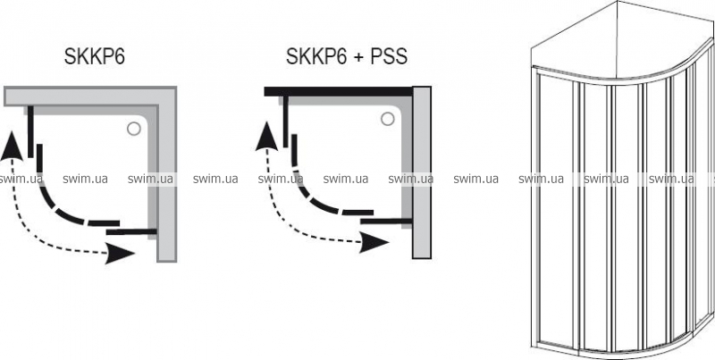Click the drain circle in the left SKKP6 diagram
coord(133,128)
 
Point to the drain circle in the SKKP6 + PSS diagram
coord(389,117)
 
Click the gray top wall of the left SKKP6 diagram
coord(89,96)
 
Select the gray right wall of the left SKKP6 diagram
coord(167,179)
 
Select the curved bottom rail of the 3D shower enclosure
coord(626,348)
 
